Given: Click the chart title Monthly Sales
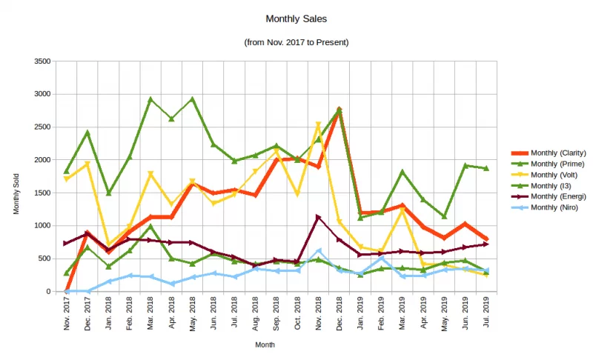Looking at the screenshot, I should [296, 18].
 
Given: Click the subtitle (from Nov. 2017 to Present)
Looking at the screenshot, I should [296, 42].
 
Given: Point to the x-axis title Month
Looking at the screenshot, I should [265, 345].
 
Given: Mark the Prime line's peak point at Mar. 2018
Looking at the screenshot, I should [150, 99].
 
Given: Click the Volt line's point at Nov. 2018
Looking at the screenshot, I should [318, 124].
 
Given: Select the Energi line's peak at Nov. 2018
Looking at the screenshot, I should [318, 217].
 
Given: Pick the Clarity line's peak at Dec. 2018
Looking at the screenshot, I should [339, 110].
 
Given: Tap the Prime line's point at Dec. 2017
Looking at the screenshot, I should [87, 133].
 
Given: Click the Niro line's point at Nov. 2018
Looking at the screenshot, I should [318, 250].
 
